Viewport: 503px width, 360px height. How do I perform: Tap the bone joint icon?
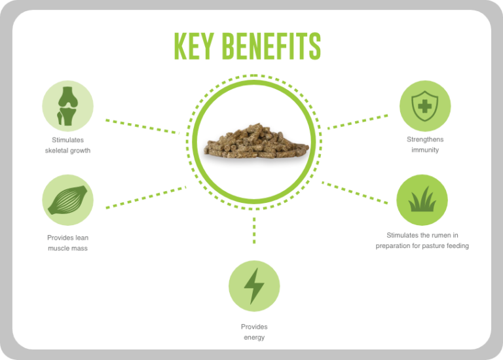pyautogui.click(x=67, y=106)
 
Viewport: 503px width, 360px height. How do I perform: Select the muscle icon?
pyautogui.click(x=67, y=200)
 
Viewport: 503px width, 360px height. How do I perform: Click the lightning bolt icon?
pyautogui.click(x=253, y=286)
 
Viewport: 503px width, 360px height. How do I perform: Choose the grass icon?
pyautogui.click(x=422, y=200)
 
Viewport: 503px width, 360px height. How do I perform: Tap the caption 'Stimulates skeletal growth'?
pyautogui.click(x=67, y=145)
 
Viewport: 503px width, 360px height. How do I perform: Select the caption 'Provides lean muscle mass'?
pyautogui.click(x=67, y=243)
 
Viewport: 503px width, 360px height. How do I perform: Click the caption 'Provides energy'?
pyautogui.click(x=254, y=332)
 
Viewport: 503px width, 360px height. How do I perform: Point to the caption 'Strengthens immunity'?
pyautogui.click(x=425, y=145)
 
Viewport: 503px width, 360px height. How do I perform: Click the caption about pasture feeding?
pyautogui.click(x=422, y=240)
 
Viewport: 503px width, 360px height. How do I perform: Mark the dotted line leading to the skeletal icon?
pyautogui.click(x=141, y=126)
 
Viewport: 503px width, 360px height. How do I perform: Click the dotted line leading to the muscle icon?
pyautogui.click(x=145, y=197)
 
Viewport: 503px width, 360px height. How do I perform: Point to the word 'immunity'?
pyautogui.click(x=425, y=150)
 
